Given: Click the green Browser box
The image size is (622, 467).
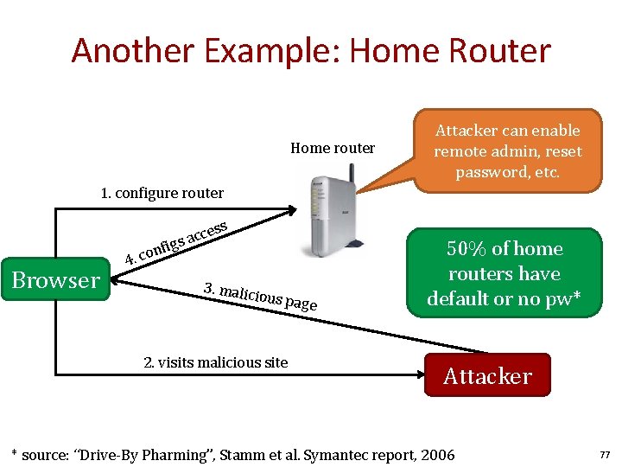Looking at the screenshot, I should pyautogui.click(x=56, y=280).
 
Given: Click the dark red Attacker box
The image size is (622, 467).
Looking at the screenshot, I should pyautogui.click(x=487, y=375).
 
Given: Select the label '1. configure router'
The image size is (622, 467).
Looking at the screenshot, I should pyautogui.click(x=162, y=193).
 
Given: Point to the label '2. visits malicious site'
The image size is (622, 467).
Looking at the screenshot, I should pyautogui.click(x=215, y=362).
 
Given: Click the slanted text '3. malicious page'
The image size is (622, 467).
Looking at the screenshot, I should pyautogui.click(x=260, y=296).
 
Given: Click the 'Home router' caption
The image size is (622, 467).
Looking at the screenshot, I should pyautogui.click(x=333, y=148).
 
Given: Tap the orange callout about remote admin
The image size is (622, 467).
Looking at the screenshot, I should pyautogui.click(x=507, y=150).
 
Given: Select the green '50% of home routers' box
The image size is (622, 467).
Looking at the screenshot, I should pyautogui.click(x=505, y=273).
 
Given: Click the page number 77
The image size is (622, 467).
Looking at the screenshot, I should pyautogui.click(x=604, y=455).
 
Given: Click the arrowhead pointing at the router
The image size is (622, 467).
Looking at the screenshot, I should pyautogui.click(x=293, y=208).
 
